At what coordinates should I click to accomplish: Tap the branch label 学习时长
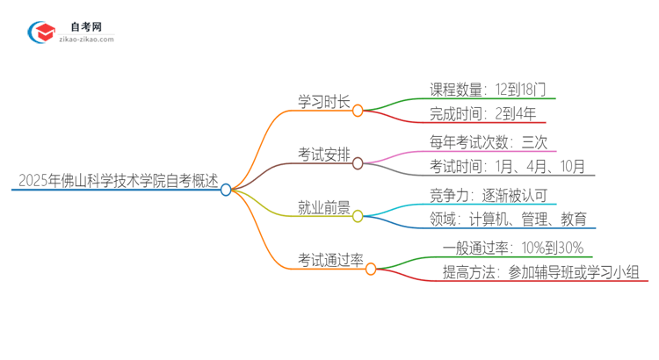pos(323,103)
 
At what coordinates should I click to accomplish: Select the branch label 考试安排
pos(323,155)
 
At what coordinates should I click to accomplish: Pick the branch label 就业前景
pos(323,208)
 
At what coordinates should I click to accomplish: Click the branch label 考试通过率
pos(329,260)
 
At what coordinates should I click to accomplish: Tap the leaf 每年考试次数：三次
pos(489,141)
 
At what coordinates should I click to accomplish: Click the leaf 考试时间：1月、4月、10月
pos(507,167)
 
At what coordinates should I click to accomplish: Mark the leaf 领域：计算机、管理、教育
pos(509,220)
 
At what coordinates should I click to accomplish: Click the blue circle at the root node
pos(226,189)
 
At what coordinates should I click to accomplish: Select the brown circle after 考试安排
pos(358,163)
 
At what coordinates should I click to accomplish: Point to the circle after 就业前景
pos(358,215)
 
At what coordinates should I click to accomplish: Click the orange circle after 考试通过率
pos(370,268)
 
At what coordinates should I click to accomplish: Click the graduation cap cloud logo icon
pos(40,32)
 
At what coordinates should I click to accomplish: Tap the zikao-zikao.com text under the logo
pos(85,40)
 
